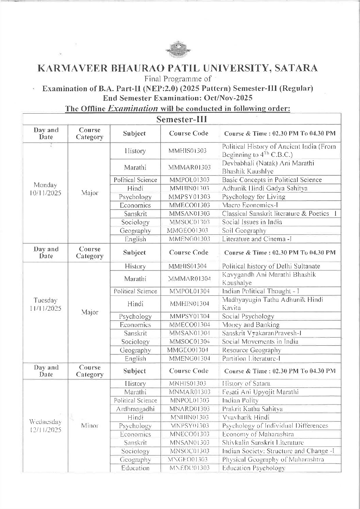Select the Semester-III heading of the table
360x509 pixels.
click(x=182, y=119)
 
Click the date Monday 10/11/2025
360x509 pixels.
click(x=46, y=189)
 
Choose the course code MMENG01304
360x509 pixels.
click(x=190, y=358)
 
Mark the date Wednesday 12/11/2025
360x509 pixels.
click(x=46, y=426)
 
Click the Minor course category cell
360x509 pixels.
click(x=90, y=425)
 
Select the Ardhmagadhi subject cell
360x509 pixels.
click(x=135, y=409)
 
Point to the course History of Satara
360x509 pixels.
click(x=246, y=383)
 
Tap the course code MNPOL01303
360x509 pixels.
click(x=190, y=400)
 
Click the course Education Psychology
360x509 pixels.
click(x=253, y=468)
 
